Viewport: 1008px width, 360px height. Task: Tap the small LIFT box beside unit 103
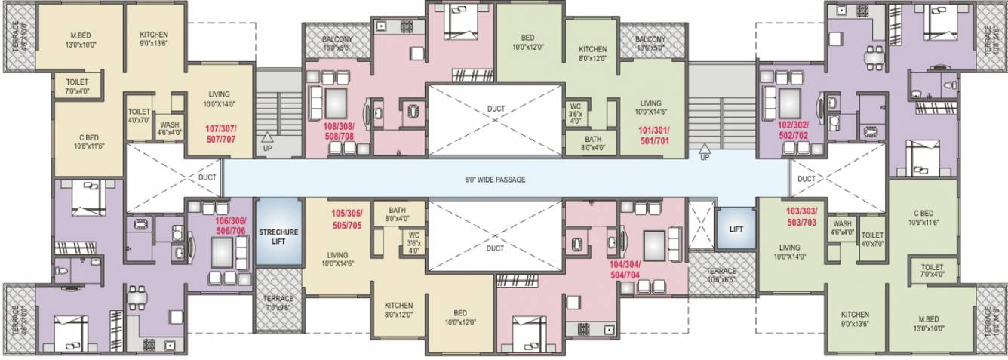pyautogui.click(x=736, y=227)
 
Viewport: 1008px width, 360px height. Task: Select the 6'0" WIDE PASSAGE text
pyautogui.click(x=495, y=180)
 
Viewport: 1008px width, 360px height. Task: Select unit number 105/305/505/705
pyautogui.click(x=349, y=218)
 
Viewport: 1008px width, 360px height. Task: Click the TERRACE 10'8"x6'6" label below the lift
pyautogui.click(x=721, y=275)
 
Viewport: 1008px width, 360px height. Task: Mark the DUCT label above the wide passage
pyautogui.click(x=495, y=109)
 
